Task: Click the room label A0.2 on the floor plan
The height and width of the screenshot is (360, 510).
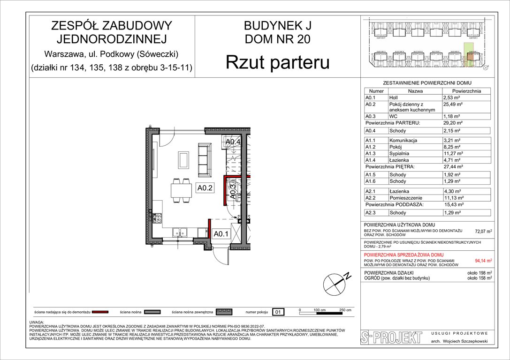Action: click(x=205, y=188)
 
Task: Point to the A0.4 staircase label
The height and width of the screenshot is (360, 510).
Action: click(x=233, y=142)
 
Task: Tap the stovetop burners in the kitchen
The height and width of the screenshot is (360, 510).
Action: click(x=157, y=217)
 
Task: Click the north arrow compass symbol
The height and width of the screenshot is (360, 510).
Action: click(x=334, y=283)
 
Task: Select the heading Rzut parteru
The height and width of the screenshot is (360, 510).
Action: click(x=277, y=62)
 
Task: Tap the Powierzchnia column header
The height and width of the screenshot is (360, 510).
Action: click(x=466, y=91)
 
